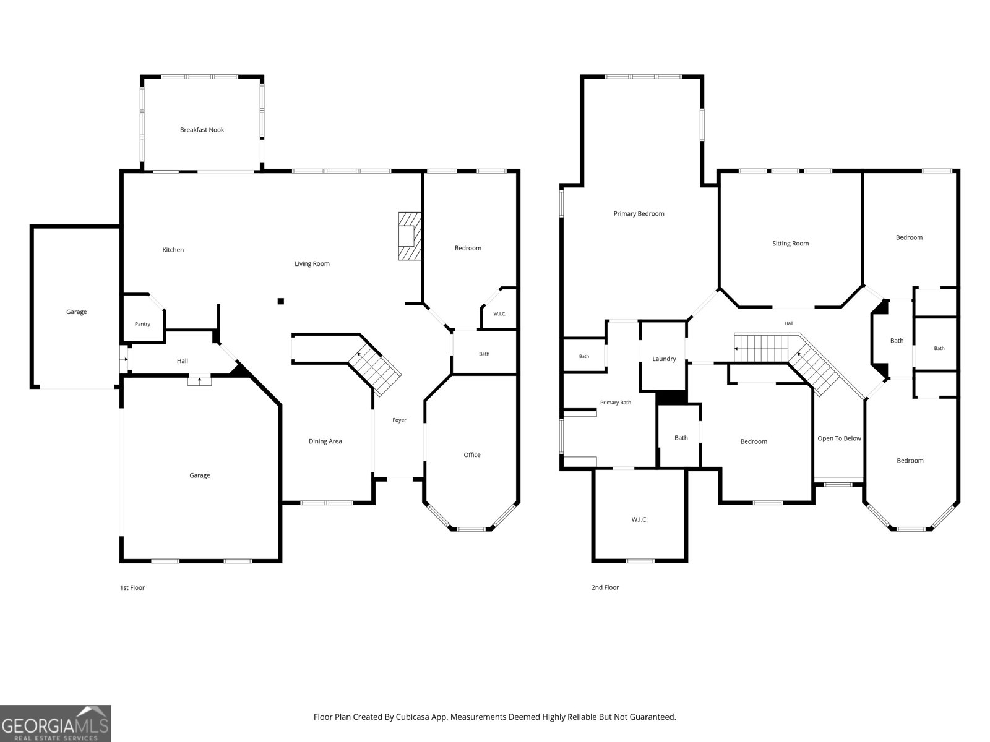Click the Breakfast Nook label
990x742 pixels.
point(202,130)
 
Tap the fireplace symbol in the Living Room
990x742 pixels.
point(410,236)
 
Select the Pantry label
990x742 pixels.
point(142,324)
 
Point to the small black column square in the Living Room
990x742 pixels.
point(280,301)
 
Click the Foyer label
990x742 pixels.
point(399,420)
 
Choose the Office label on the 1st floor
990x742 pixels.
point(471,454)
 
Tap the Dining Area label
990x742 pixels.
point(325,441)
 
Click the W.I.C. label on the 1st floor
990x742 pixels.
point(500,313)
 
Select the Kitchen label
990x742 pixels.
point(173,250)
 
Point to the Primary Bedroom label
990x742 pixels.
point(639,213)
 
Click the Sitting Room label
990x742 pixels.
point(790,243)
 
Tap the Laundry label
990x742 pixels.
point(664,359)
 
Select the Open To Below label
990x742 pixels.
point(840,438)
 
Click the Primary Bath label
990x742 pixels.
point(615,403)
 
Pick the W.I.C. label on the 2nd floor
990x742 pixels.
point(640,519)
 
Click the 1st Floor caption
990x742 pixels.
point(132,587)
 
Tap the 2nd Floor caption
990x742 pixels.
point(605,587)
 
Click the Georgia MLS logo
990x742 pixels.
point(56,723)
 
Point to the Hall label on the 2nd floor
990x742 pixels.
point(788,323)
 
